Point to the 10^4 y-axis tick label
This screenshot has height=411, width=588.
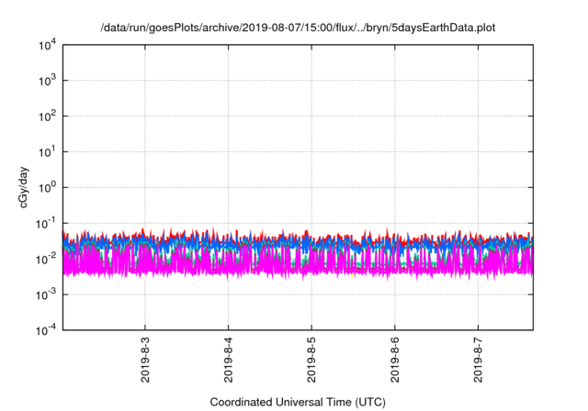pyautogui.click(x=49, y=44)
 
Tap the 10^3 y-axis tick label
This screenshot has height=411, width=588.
pyautogui.click(x=49, y=80)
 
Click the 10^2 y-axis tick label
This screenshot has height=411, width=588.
pyautogui.click(x=49, y=116)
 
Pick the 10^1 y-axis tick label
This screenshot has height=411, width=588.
pyautogui.click(x=49, y=151)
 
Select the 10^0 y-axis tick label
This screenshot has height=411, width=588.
pyautogui.click(x=49, y=187)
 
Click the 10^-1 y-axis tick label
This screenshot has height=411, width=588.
pyautogui.click(x=47, y=223)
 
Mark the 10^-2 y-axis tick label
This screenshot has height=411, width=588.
pyautogui.click(x=47, y=259)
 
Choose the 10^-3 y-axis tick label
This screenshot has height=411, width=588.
pyautogui.click(x=47, y=294)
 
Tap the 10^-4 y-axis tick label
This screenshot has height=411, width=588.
pyautogui.click(x=47, y=329)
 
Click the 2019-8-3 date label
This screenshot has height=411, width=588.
pyautogui.click(x=145, y=360)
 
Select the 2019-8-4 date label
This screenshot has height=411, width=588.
pyautogui.click(x=228, y=360)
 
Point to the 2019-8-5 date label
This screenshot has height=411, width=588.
pyautogui.click(x=311, y=360)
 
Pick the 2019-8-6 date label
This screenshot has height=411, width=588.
pyautogui.click(x=395, y=360)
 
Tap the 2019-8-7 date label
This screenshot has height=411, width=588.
pyautogui.click(x=478, y=360)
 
